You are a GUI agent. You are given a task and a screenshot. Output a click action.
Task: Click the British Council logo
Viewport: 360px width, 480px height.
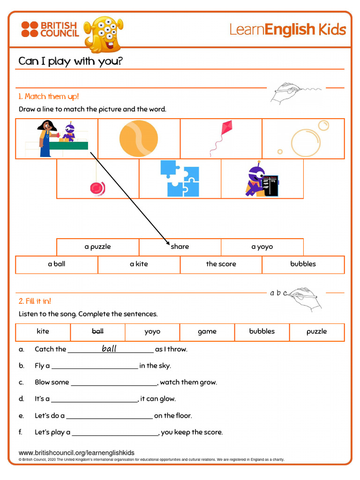50,29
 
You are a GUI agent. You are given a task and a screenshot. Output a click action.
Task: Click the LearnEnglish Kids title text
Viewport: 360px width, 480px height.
287,30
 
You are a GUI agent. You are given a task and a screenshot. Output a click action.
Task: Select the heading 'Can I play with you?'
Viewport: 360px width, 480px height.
70,61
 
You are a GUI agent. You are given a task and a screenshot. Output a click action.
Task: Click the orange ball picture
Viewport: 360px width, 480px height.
138,139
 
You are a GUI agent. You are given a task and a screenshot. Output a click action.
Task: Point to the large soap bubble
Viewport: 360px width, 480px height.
305,142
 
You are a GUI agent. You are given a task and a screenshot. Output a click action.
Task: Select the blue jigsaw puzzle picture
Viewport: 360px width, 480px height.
180,179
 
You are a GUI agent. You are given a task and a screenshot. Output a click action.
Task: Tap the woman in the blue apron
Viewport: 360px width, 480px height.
46,138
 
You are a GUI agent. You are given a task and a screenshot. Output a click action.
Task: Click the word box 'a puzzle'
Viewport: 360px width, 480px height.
97,247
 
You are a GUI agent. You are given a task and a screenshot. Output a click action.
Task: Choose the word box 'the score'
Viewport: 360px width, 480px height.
221,264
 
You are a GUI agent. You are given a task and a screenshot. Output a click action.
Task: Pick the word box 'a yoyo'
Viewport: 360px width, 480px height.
262,247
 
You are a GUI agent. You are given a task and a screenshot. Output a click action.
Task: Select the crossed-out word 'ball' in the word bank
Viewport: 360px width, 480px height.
97,331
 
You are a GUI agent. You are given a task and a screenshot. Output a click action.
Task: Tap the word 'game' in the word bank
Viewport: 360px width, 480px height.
207,331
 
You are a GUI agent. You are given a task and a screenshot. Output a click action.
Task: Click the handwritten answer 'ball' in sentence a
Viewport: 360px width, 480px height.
109,348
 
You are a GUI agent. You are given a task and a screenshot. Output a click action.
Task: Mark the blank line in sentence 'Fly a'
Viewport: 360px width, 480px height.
94,368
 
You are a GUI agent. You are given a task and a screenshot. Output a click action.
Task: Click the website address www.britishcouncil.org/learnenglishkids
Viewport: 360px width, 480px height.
76,452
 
